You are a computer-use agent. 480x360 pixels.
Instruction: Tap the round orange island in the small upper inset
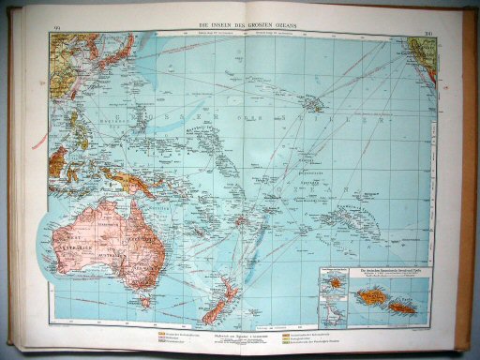(334, 281)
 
